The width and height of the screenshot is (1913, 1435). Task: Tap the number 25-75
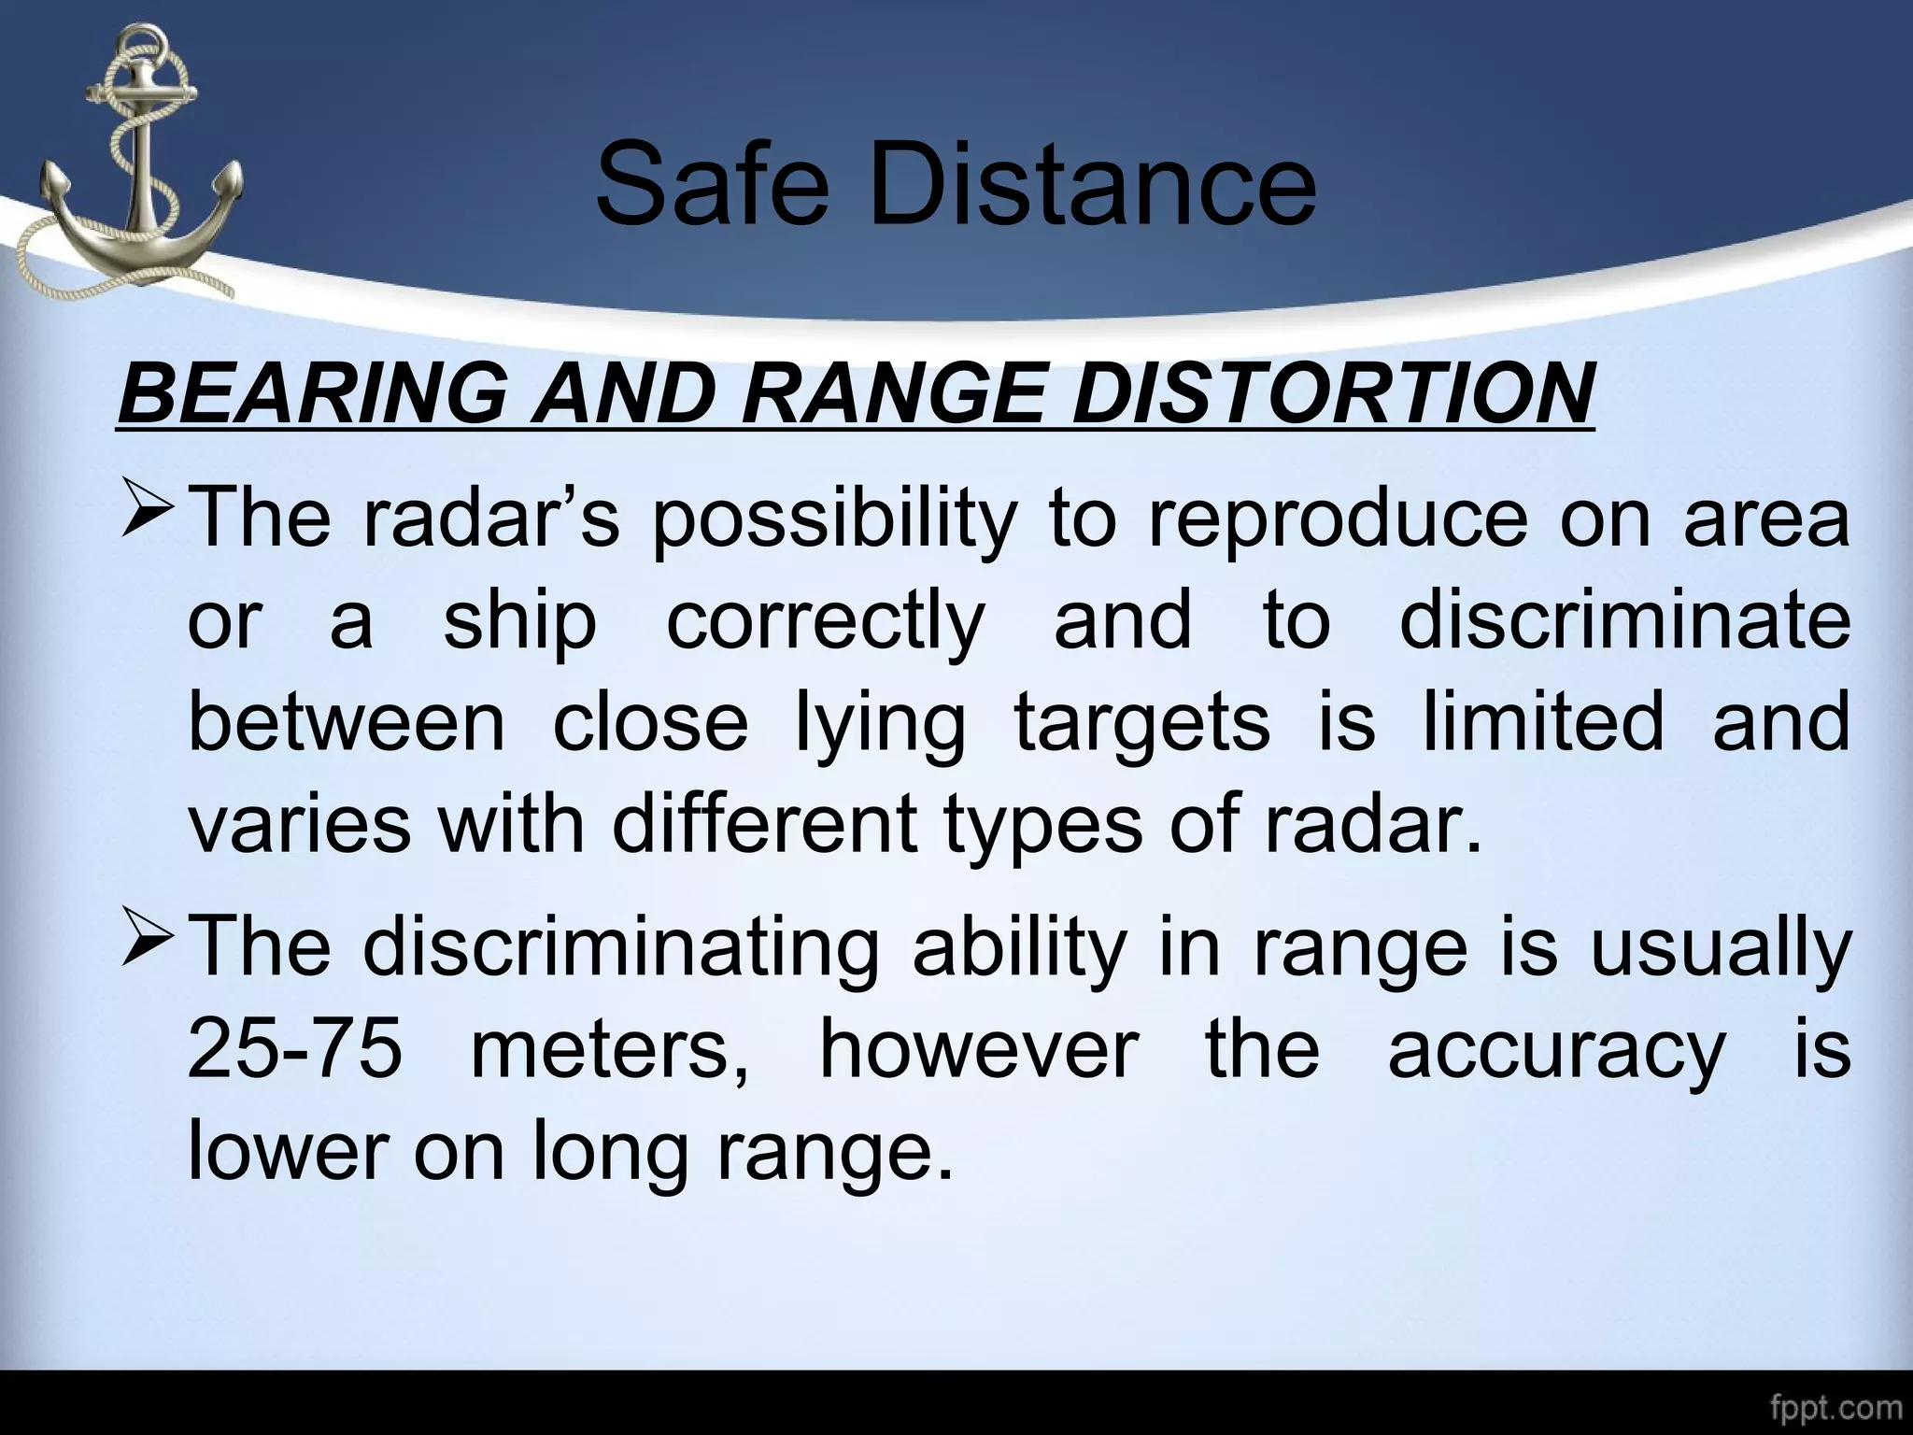(295, 1048)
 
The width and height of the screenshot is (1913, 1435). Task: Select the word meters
(610, 1050)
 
